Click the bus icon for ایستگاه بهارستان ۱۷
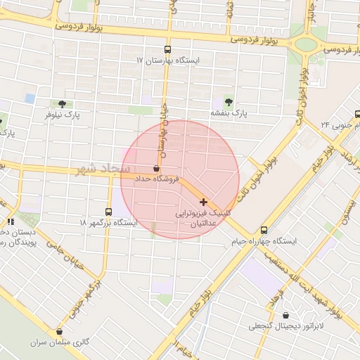coord(167,49)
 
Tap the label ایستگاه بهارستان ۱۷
coord(168,60)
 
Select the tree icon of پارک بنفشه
coord(227,101)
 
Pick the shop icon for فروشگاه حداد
coord(155,169)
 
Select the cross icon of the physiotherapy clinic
coord(203,202)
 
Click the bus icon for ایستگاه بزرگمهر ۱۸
coord(108,211)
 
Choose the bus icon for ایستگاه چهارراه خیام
coord(264,230)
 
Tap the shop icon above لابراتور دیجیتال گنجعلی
coord(286,314)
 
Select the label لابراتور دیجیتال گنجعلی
coord(286,326)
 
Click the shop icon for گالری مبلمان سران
coord(59,331)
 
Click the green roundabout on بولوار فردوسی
coord(307,45)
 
